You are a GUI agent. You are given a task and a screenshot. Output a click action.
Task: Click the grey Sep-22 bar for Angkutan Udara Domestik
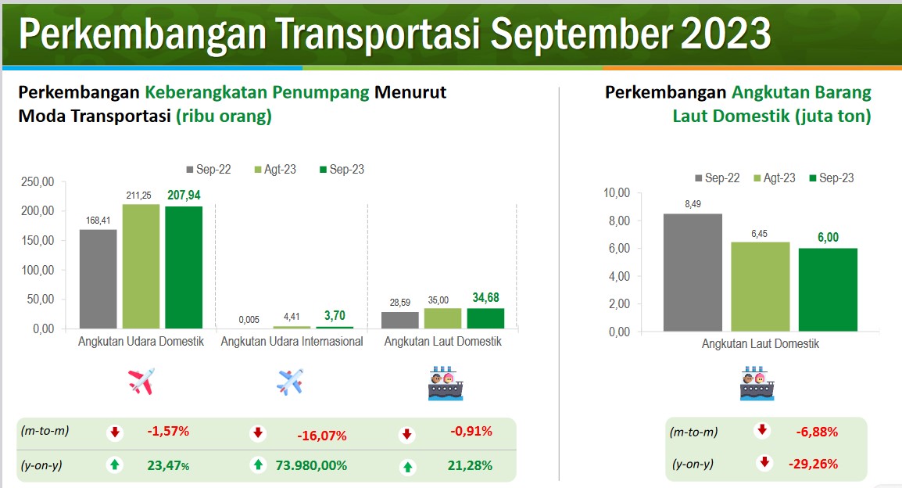point(98,279)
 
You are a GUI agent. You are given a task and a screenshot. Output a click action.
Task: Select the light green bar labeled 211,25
point(141,267)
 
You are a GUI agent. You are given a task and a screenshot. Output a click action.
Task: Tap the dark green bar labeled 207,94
point(184,267)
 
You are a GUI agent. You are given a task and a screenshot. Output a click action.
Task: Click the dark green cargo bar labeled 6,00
point(828,289)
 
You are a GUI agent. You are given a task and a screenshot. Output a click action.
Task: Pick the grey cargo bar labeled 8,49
point(693,272)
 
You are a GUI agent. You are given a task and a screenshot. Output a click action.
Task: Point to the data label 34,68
point(485,297)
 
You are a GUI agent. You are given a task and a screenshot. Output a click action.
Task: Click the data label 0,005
point(249,319)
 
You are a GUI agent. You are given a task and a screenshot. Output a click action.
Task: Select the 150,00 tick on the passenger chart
point(38,241)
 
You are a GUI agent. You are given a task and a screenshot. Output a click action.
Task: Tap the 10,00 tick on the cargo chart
point(617,193)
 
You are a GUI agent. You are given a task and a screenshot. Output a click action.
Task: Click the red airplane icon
point(141,381)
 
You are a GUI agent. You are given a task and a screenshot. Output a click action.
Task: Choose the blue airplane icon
point(290,382)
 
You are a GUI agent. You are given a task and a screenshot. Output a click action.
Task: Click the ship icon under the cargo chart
point(757,383)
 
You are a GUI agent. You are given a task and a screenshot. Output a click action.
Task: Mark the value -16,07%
point(321,436)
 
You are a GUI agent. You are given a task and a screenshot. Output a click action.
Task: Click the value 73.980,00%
point(311,465)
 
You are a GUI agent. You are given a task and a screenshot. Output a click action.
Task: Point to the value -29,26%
point(813,464)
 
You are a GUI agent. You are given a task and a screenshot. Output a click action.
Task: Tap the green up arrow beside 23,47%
point(114,465)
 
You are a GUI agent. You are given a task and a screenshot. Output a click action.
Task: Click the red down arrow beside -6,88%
point(762,429)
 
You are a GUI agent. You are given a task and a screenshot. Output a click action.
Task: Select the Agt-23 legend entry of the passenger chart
point(275,169)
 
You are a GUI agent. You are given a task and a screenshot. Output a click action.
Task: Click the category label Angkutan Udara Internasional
point(292,341)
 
